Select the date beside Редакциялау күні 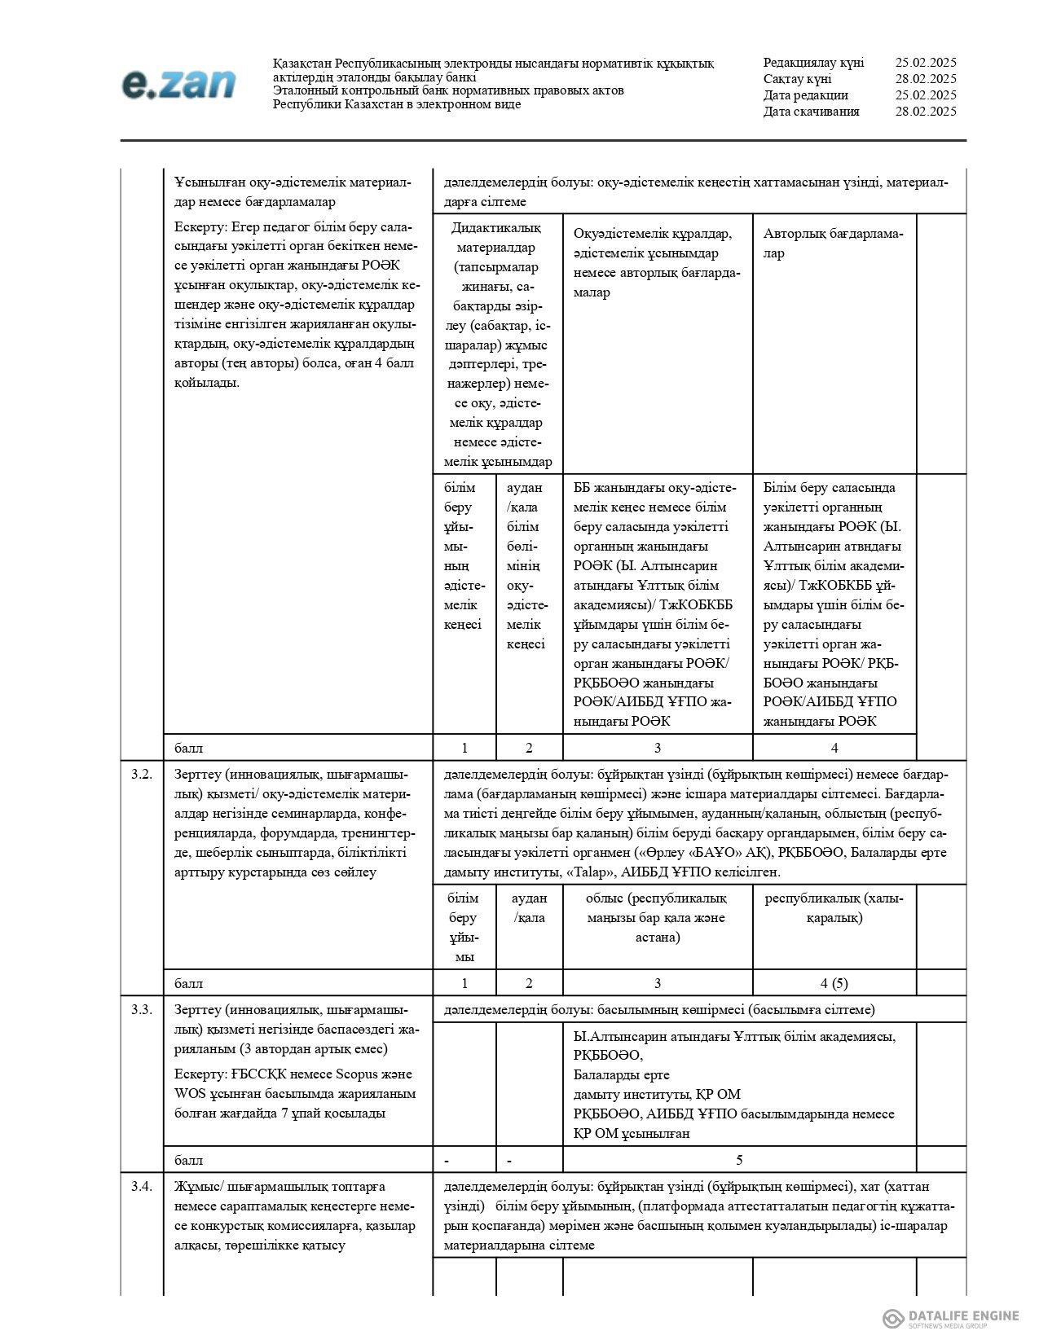[925, 63]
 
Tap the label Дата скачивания [811, 112]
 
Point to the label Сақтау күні [797, 79]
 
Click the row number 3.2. [142, 774]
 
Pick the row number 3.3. [142, 1010]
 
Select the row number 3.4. [142, 1186]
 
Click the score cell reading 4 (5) [834, 983]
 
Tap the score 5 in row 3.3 [739, 1160]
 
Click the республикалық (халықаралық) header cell [834, 907]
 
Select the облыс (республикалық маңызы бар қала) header [657, 917]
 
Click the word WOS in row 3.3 [189, 1093]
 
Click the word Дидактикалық [495, 227]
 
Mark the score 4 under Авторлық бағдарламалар [834, 748]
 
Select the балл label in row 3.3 [189, 1160]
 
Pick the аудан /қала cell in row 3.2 [529, 907]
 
